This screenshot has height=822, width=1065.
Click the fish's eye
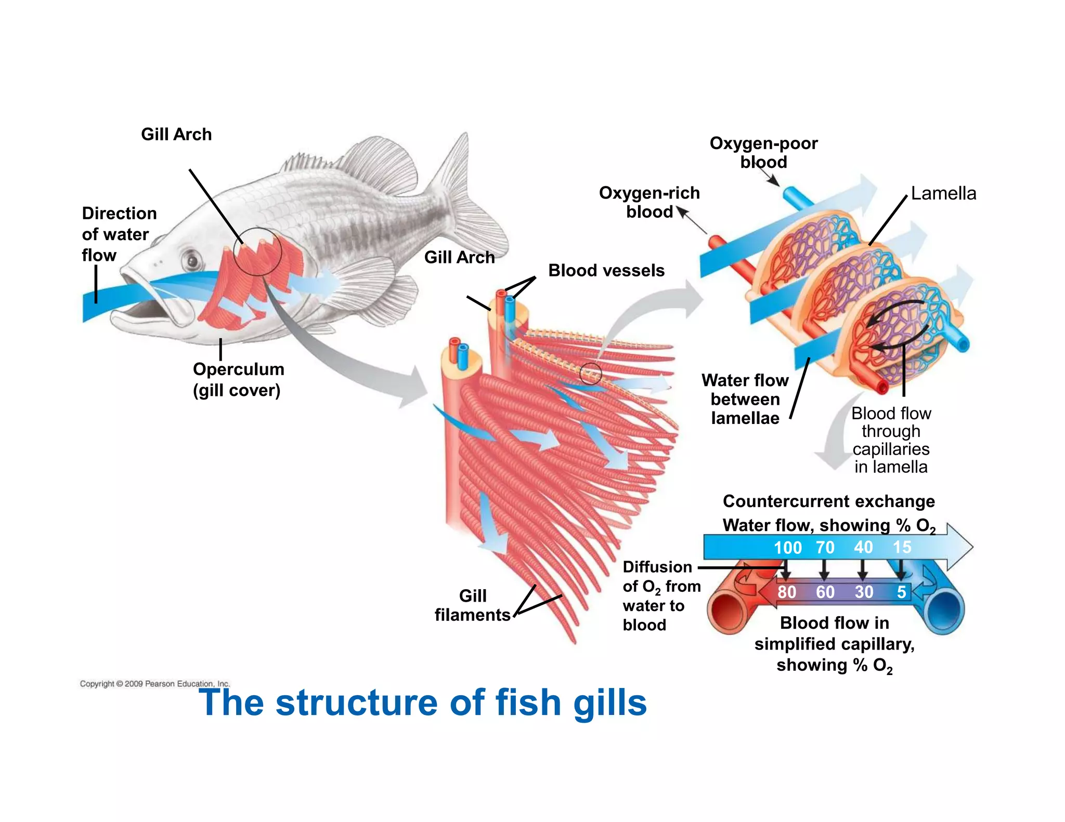pos(192,259)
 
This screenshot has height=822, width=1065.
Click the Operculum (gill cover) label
pos(238,379)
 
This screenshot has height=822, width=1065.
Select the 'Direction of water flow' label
pos(119,234)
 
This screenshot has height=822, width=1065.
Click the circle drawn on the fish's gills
pos(257,251)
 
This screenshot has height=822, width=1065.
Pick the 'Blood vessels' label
pos(606,271)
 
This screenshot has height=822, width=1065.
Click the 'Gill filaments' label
pos(472,605)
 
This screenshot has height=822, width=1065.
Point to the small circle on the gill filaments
pos(590,373)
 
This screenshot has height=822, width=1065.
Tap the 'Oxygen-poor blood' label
pos(763,152)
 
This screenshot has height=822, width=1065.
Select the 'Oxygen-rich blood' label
pos(649,202)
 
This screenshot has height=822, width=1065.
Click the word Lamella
pos(943,193)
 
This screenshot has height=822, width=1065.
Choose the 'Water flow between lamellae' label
pos(745,399)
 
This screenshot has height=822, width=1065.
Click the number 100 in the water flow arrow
pos(787,548)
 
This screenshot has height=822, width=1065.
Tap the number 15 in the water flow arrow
pos(902,547)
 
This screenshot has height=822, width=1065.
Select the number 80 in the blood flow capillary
pos(787,592)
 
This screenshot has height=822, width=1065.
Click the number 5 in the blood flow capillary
pos(901,592)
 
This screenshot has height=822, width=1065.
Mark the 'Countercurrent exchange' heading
pos(829,501)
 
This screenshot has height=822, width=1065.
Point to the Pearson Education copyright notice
pos(154,684)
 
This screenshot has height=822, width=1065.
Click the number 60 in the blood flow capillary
pos(825,592)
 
